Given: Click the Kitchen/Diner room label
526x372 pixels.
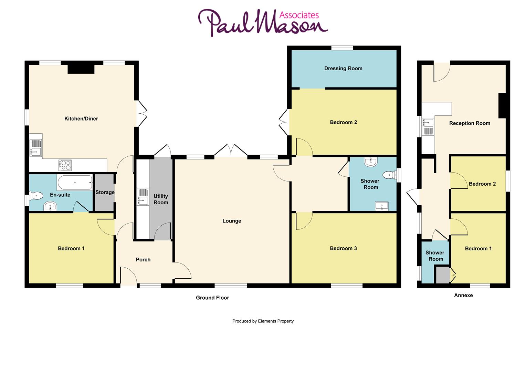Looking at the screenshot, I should point(81,119).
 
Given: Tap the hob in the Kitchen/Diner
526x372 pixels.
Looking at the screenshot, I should point(65,165).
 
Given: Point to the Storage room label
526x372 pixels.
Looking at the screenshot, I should point(105,193).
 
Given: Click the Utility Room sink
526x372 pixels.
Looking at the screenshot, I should point(143,197).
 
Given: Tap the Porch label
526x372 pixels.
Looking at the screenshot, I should point(143,260).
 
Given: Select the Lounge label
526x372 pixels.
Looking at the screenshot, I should point(232,221).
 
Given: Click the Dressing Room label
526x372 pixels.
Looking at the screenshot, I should point(343,69).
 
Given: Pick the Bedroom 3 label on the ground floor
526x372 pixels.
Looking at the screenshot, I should point(343,248).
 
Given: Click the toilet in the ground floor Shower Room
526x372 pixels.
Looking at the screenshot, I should point(389,175).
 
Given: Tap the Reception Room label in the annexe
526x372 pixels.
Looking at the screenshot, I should point(470,123).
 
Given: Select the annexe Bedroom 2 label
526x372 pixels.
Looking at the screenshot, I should point(482,184).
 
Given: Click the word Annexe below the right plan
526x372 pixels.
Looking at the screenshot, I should point(463,295).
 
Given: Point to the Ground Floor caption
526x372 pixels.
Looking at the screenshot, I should point(212,298).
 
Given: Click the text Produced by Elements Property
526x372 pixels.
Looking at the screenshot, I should point(263,321).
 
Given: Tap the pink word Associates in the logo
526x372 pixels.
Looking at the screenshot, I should point(299,15).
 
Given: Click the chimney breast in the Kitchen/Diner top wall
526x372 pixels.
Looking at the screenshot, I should point(81,69).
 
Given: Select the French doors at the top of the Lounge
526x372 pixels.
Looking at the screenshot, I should point(231,151).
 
